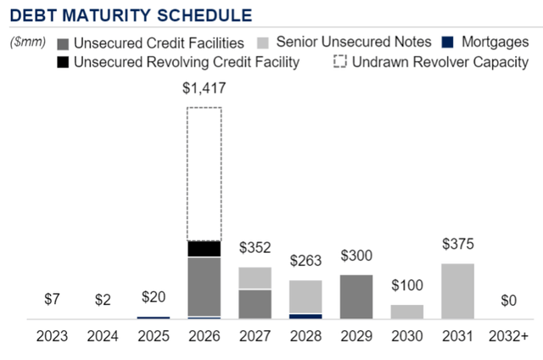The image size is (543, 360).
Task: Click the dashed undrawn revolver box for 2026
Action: point(204,173)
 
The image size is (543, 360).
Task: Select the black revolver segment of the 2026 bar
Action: point(204,249)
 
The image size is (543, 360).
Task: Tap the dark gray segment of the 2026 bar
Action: point(204,286)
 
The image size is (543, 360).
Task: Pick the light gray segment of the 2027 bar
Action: point(255,278)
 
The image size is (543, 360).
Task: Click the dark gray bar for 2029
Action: point(356,296)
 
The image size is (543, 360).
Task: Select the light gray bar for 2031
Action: point(459,290)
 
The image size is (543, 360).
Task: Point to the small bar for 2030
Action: point(408,311)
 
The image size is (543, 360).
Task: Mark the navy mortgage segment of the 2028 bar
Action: point(306,316)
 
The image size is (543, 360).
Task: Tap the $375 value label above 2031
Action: point(459,245)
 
